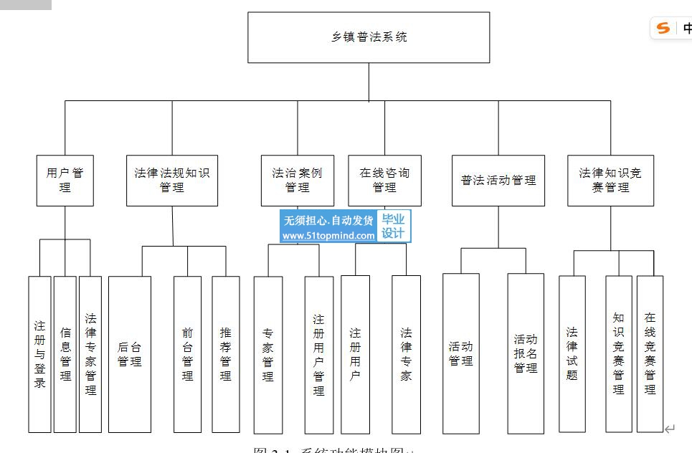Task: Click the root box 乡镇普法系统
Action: click(369, 37)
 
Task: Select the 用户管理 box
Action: click(65, 181)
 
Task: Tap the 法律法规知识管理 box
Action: click(172, 181)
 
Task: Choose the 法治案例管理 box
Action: click(297, 181)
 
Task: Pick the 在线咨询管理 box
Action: click(384, 181)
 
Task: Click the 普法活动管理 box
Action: click(498, 181)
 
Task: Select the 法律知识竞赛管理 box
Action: click(610, 181)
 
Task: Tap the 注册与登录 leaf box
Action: click(40, 354)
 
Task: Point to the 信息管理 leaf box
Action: click(65, 354)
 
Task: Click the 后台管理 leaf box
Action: click(130, 354)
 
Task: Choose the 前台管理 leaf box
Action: click(187, 354)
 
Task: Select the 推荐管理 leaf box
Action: click(226, 354)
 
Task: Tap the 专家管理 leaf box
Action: click(268, 354)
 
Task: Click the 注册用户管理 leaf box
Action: click(319, 354)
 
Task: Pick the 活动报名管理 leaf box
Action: click(526, 354)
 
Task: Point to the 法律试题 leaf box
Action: click(572, 354)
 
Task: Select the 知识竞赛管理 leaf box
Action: click(619, 354)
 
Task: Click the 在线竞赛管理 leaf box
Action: click(650, 354)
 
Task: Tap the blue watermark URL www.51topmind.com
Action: click(328, 236)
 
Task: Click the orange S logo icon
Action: click(663, 28)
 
